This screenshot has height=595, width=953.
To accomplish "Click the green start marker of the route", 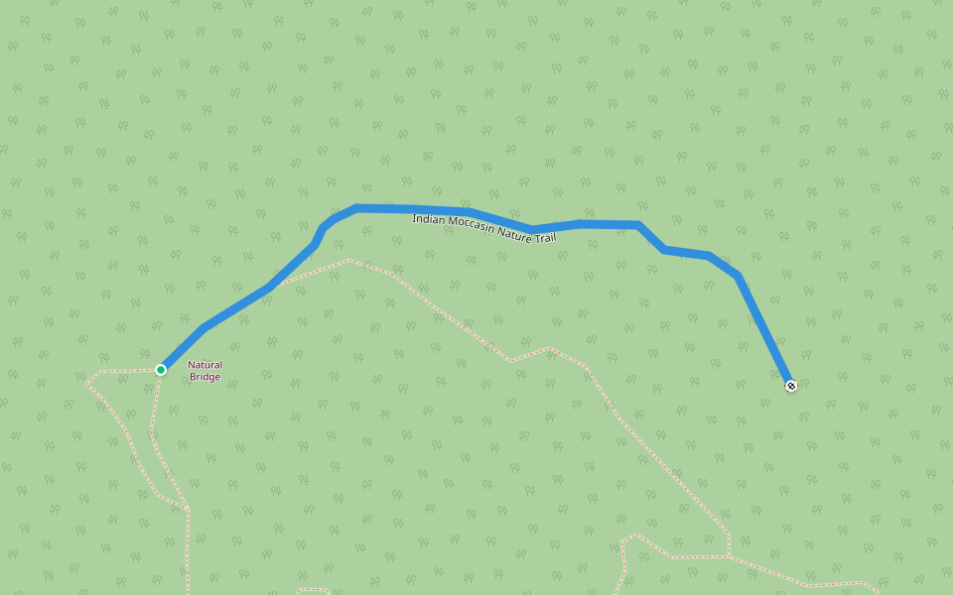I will pyautogui.click(x=161, y=370).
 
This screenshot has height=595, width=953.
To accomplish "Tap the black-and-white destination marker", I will pyautogui.click(x=791, y=386).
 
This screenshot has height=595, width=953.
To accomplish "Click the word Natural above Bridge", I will pyautogui.click(x=205, y=365).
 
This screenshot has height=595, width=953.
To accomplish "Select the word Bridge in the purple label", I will pyautogui.click(x=205, y=377).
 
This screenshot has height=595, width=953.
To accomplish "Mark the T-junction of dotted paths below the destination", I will pyautogui.click(x=729, y=556).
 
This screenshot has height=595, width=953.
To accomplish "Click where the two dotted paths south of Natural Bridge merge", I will pyautogui.click(x=188, y=511).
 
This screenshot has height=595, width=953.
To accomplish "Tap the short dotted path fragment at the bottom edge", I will pyautogui.click(x=314, y=590).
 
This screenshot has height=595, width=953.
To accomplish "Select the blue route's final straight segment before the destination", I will pyautogui.click(x=764, y=331).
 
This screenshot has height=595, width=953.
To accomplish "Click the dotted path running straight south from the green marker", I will pyautogui.click(x=154, y=416).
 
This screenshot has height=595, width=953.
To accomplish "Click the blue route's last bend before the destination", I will pyautogui.click(x=737, y=276).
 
